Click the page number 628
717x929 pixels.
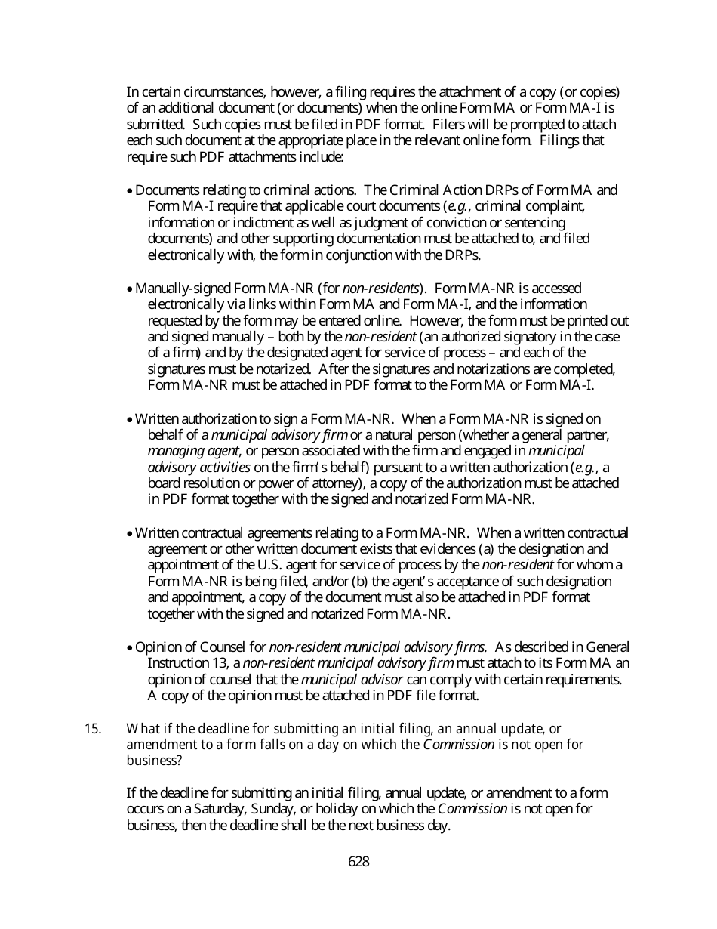click(358, 862)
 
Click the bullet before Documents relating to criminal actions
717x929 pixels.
click(131, 191)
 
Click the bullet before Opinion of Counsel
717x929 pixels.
click(131, 647)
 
